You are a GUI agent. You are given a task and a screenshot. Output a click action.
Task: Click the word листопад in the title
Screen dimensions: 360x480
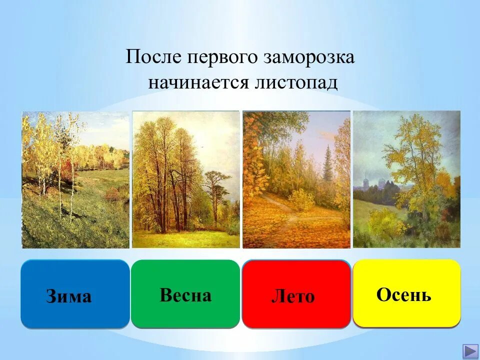click(x=297, y=82)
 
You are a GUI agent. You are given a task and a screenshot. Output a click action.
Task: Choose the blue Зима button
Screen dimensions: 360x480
click(x=75, y=294)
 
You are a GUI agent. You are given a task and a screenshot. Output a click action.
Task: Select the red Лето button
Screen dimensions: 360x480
click(x=296, y=294)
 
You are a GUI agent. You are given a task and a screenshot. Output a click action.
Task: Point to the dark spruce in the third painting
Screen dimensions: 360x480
click(x=327, y=165)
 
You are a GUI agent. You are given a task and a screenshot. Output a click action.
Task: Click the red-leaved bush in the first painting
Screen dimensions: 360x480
click(x=64, y=170)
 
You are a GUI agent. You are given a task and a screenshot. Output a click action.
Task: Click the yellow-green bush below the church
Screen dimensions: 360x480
click(x=385, y=222)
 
